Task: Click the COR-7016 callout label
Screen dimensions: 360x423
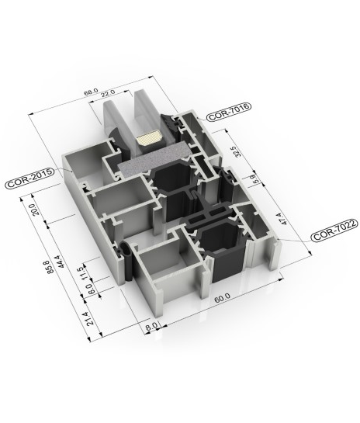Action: pos(229,112)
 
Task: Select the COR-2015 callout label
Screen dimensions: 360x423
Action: pos(29,178)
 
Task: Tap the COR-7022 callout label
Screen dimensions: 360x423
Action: pos(334,230)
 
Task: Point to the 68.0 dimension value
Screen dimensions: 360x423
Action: pos(91,92)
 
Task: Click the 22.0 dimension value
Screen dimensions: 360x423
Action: pos(108,93)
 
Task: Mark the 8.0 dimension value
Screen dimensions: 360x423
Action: pos(151,326)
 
